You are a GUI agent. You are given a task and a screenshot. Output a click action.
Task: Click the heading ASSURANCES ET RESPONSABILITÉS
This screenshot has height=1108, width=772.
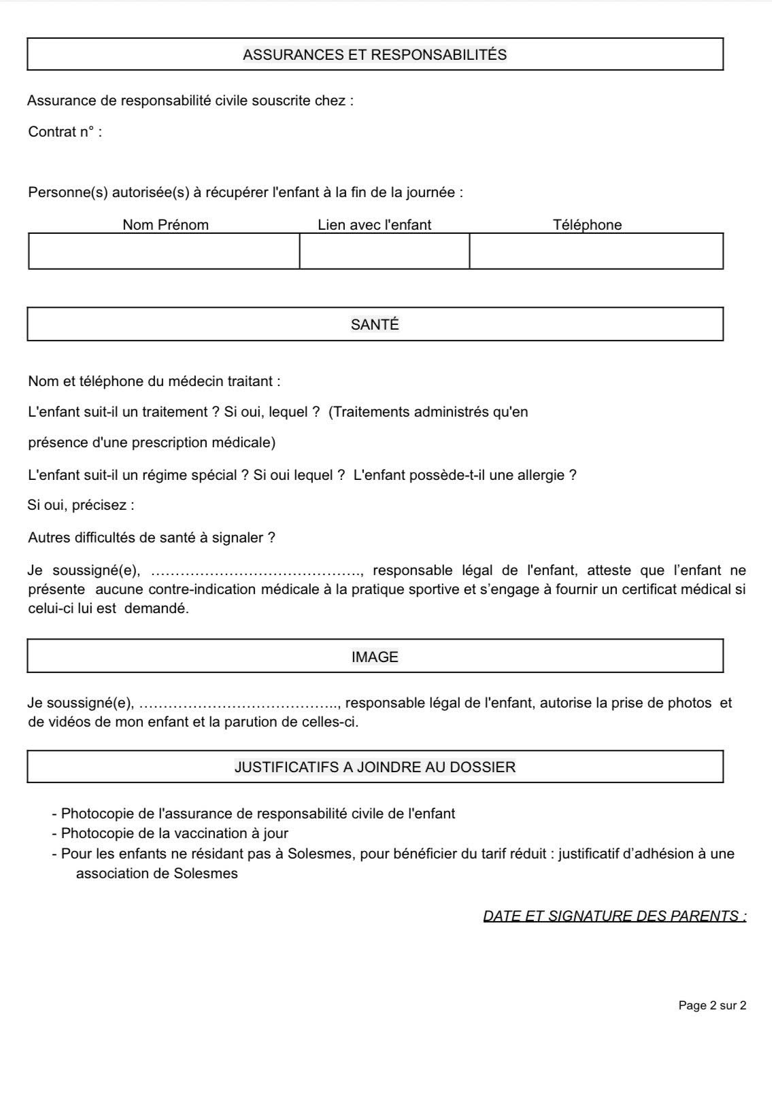(375, 55)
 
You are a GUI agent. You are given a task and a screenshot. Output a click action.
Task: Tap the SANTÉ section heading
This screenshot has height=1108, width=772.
(375, 325)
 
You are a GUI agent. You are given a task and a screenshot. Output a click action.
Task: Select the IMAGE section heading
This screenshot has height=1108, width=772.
(375, 657)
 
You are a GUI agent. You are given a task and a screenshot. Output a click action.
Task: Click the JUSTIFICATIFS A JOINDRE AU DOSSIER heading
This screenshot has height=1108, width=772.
(375, 767)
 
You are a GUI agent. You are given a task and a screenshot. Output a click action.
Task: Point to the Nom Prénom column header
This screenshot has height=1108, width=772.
(165, 225)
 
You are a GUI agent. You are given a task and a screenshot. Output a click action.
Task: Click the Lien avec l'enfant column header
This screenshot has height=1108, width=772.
(374, 225)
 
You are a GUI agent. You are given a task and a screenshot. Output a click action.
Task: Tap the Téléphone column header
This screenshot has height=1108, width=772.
(587, 225)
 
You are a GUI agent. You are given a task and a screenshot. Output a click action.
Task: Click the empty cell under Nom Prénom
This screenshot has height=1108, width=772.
(164, 252)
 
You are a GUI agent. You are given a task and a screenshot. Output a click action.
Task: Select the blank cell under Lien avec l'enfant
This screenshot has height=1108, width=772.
(384, 252)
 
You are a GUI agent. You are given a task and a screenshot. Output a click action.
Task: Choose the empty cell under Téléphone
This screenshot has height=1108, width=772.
(596, 252)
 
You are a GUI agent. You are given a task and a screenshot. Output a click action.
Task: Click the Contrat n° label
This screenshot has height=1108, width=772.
(65, 132)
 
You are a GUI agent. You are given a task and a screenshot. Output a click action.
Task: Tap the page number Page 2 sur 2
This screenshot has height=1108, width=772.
(712, 1005)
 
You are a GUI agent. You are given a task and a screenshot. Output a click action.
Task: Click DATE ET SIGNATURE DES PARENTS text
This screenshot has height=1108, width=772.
(614, 916)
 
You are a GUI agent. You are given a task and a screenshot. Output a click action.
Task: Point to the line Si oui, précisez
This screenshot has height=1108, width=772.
(81, 506)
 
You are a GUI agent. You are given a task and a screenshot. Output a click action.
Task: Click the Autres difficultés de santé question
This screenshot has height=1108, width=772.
(152, 538)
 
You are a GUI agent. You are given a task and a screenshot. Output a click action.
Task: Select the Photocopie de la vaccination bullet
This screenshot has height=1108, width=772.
(174, 833)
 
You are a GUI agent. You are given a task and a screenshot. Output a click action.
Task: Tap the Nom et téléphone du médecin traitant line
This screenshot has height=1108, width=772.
(154, 381)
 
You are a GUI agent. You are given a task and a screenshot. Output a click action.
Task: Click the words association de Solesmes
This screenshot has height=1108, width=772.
(157, 873)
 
